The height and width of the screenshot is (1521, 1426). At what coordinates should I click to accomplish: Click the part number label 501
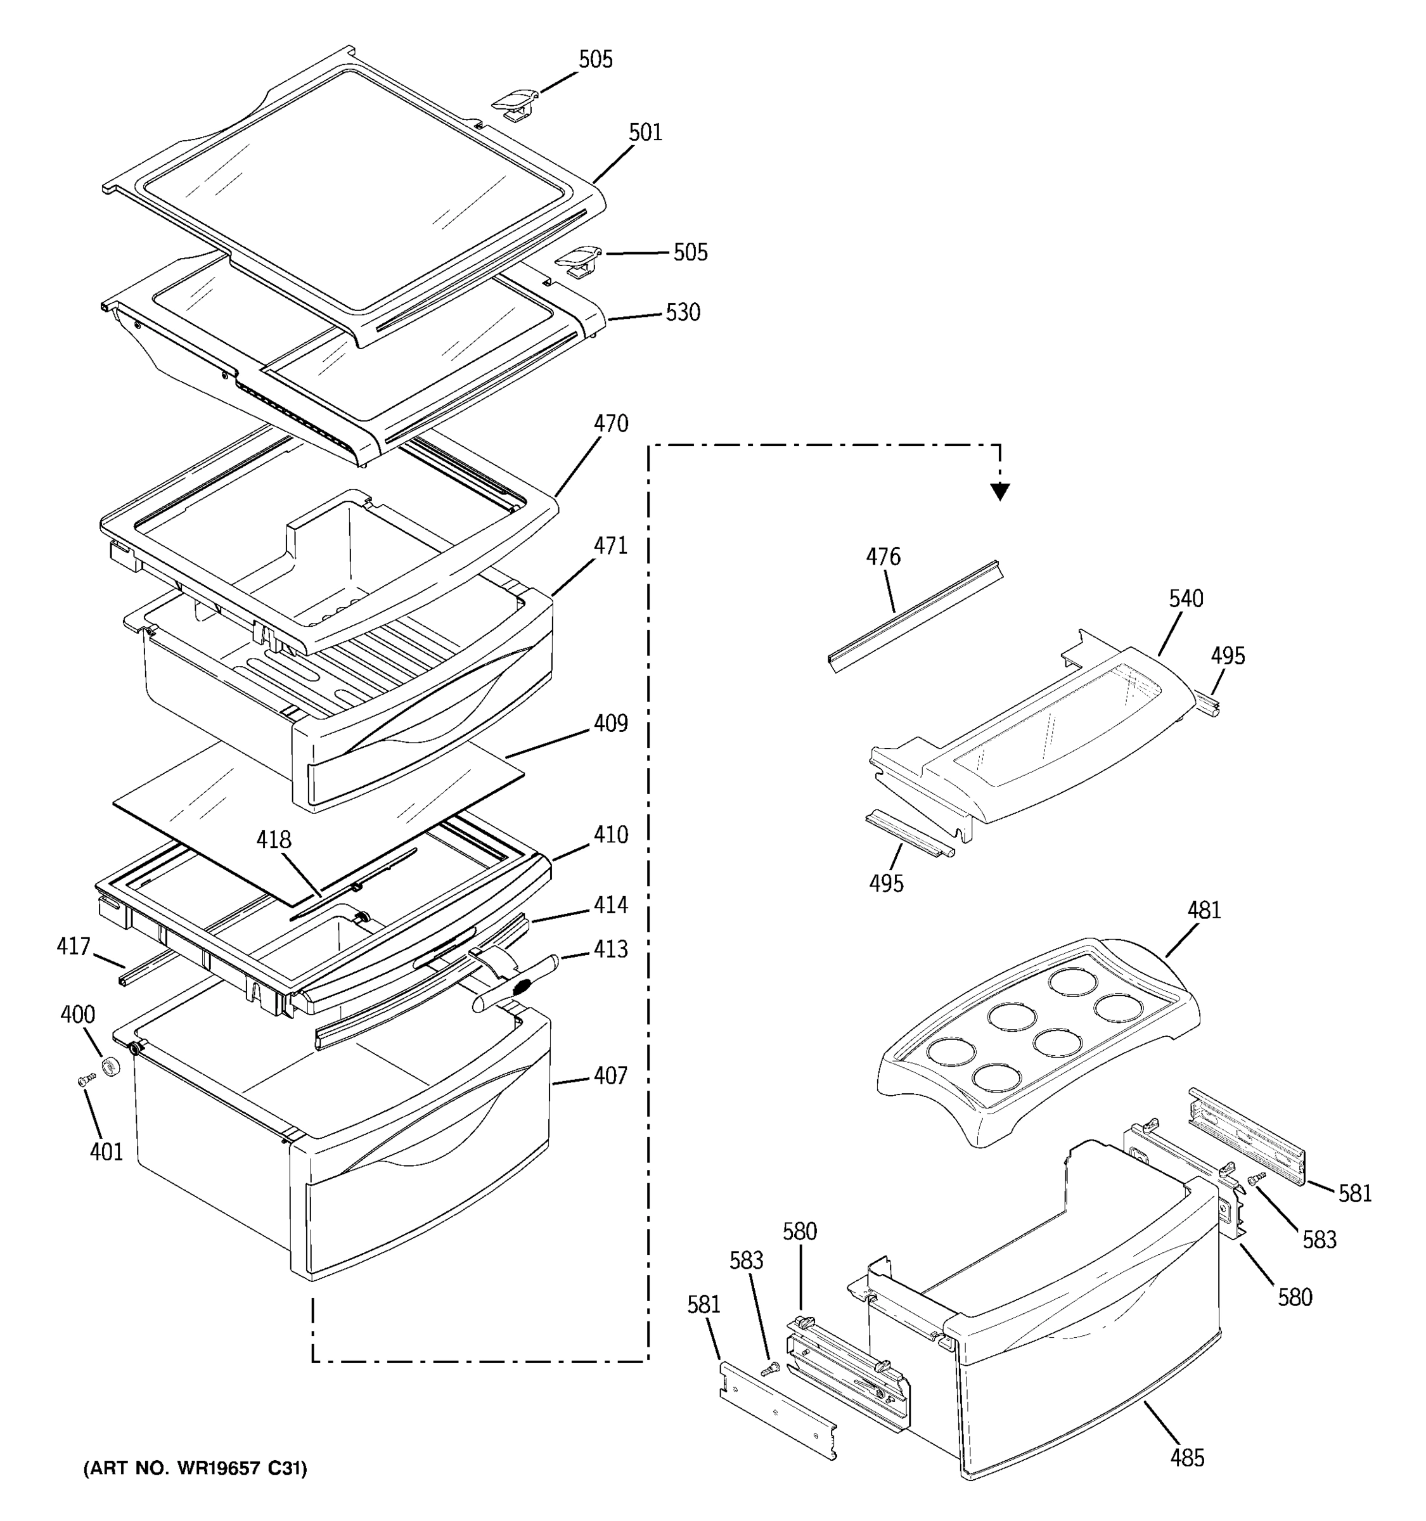pos(645,133)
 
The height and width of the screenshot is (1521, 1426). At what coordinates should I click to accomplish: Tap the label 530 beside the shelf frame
pos(683,312)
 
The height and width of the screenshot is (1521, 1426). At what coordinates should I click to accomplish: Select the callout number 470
pos(610,424)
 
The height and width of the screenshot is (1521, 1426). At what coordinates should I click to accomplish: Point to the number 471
pos(610,546)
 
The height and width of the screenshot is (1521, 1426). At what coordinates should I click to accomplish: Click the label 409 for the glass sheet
pos(610,724)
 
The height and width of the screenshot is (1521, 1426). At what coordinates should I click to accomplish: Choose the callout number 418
pos(273,840)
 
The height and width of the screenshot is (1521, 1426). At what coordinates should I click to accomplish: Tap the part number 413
pos(610,949)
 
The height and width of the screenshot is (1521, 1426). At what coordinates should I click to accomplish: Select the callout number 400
pos(77,1015)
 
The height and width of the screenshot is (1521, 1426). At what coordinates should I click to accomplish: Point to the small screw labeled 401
pos(86,1079)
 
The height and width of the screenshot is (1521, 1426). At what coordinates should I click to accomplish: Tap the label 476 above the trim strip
pos(883,557)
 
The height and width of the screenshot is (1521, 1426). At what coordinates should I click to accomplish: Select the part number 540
pos(1186,599)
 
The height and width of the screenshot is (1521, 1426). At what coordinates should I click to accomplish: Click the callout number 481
pos(1204,911)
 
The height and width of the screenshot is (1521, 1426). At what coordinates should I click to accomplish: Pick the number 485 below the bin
pos(1186,1458)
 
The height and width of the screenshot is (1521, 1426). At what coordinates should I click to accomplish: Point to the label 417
pos(74,947)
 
